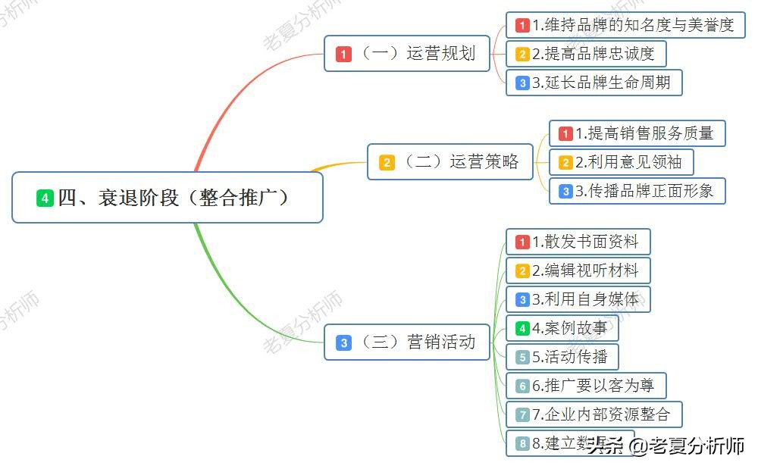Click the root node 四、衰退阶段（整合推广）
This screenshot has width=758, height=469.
point(168,198)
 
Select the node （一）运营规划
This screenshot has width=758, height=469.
point(407,54)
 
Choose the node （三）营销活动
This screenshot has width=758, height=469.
point(407,342)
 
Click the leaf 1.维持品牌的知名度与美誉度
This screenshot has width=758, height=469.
point(625,25)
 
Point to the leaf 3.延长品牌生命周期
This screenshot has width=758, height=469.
point(594,83)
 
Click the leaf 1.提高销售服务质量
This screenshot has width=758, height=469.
point(637,133)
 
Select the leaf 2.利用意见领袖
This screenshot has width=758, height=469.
point(622,162)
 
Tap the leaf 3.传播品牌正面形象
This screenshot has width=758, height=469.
point(637,191)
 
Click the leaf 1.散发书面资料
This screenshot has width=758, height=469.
point(578,242)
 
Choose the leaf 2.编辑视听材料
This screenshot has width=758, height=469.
point(578,270)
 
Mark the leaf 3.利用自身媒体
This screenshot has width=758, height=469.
point(578,299)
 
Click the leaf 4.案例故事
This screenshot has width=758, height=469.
point(562,328)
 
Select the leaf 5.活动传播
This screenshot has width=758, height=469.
point(562,357)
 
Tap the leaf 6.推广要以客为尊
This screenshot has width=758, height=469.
point(585,386)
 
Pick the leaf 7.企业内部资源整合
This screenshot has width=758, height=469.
point(594,414)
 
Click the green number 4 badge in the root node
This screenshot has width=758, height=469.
point(45,199)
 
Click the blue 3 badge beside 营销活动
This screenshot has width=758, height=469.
point(344,342)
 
